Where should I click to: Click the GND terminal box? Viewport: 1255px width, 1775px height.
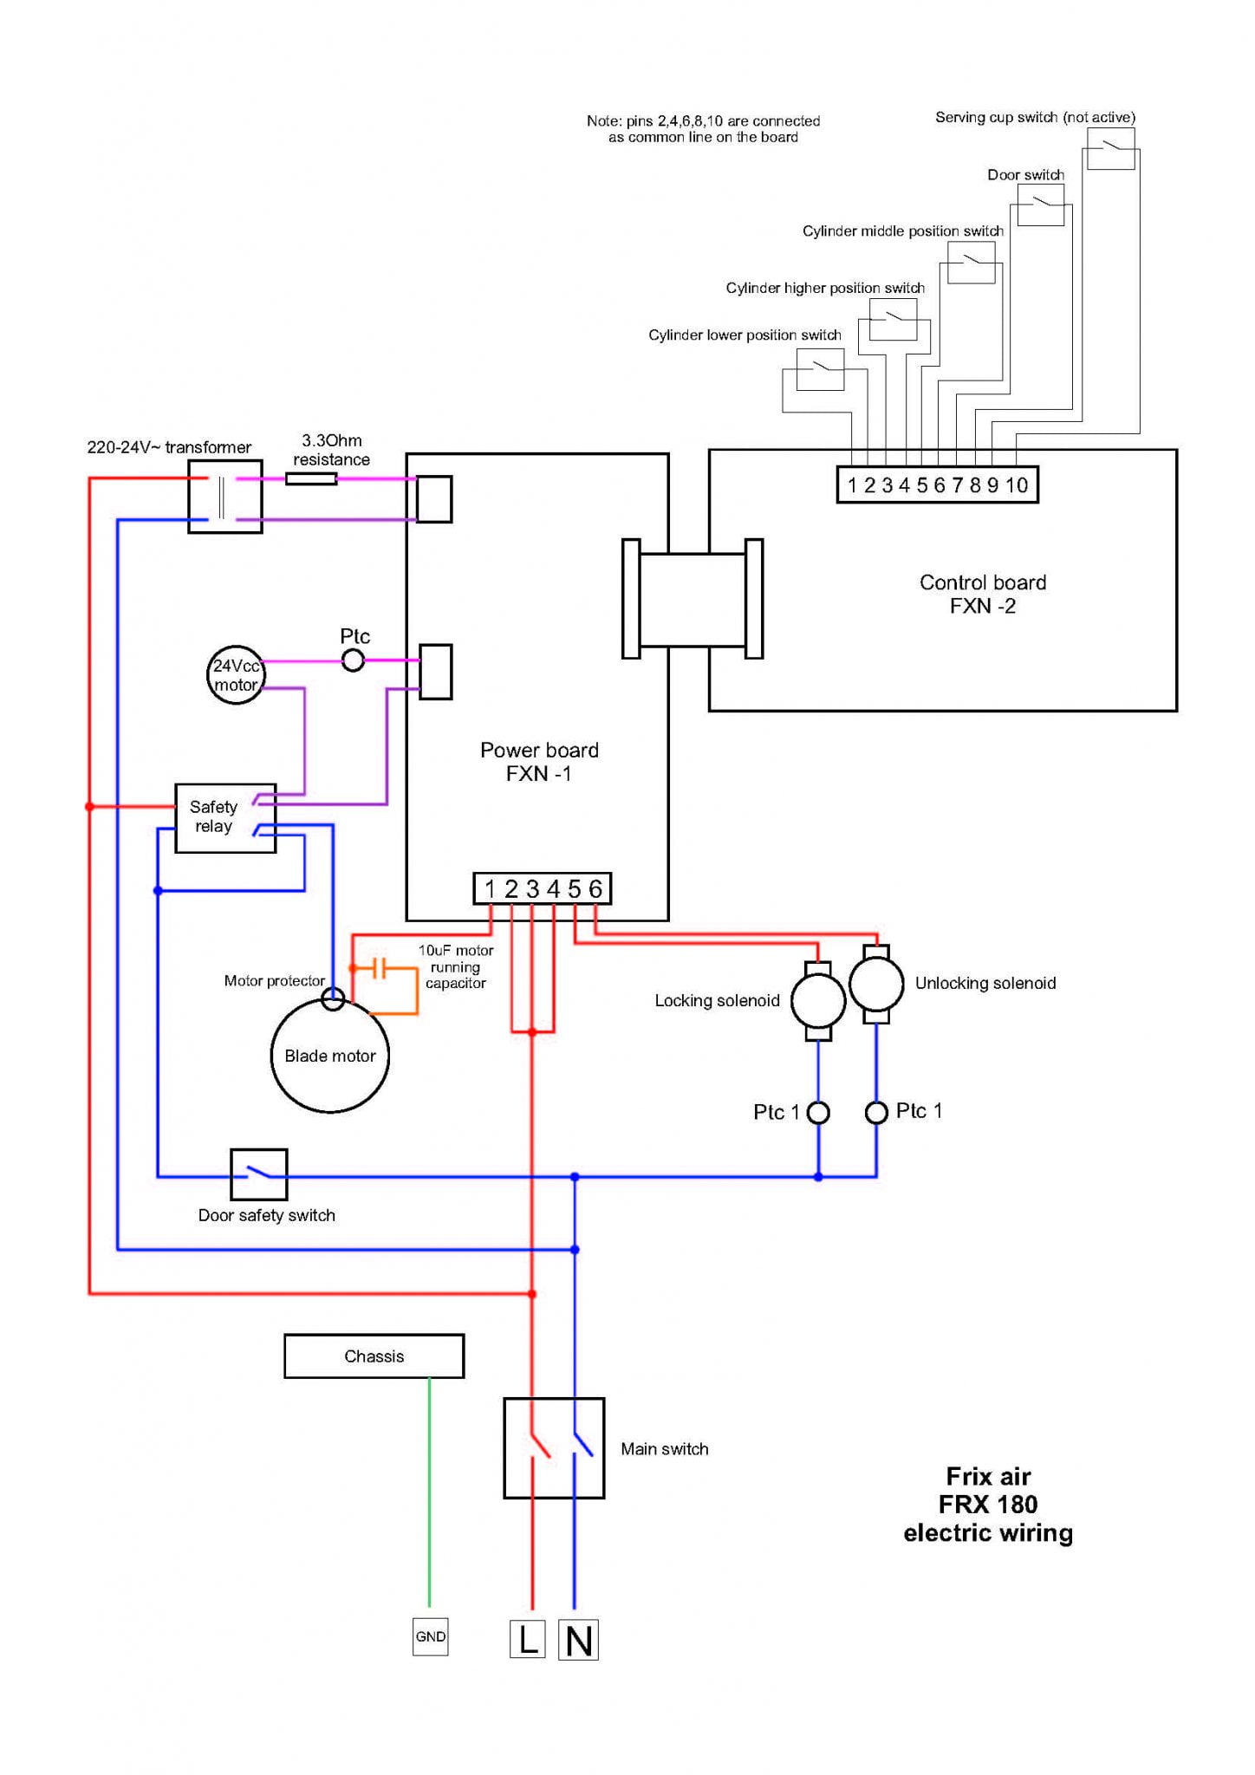pyautogui.click(x=430, y=1636)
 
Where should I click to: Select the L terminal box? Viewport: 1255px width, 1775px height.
pyautogui.click(x=527, y=1639)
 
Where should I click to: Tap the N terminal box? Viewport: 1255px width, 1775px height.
pyautogui.click(x=578, y=1640)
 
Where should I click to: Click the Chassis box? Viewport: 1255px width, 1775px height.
pyautogui.click(x=374, y=1356)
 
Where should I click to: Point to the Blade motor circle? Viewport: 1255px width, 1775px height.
pyautogui.click(x=329, y=1056)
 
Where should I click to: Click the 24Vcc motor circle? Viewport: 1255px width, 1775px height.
pyautogui.click(x=236, y=675)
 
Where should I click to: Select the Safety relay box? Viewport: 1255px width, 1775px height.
pyautogui.click(x=224, y=818)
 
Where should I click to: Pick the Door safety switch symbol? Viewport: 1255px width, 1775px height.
pyautogui.click(x=258, y=1174)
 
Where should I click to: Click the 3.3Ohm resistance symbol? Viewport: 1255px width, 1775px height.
pyautogui.click(x=311, y=478)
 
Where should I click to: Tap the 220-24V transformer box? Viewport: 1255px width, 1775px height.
pyautogui.click(x=224, y=497)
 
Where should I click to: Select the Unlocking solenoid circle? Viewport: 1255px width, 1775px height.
pyautogui.click(x=876, y=984)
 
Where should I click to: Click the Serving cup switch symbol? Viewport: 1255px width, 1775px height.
pyautogui.click(x=1110, y=148)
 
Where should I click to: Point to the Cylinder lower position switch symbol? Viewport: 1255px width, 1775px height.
pyautogui.click(x=819, y=369)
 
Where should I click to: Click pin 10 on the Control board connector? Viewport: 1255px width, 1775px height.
pyautogui.click(x=1017, y=485)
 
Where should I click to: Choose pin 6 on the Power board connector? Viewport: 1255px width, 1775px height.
pyautogui.click(x=595, y=889)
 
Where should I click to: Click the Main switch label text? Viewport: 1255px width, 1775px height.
pyautogui.click(x=664, y=1449)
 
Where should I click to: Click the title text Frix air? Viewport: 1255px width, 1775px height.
pyautogui.click(x=988, y=1476)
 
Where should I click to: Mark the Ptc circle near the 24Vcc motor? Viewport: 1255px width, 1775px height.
pyautogui.click(x=353, y=661)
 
